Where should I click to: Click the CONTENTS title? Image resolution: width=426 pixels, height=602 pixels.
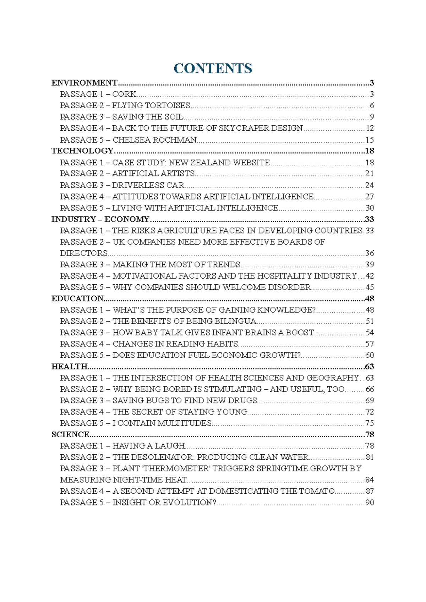pyautogui.click(x=213, y=68)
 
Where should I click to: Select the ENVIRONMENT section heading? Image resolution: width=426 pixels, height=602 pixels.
pyautogui.click(x=84, y=83)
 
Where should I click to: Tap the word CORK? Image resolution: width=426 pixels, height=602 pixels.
pyautogui.click(x=124, y=94)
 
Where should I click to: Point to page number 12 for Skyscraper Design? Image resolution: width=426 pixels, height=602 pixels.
pyautogui.click(x=370, y=128)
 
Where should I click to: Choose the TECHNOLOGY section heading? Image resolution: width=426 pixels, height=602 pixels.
pyautogui.click(x=82, y=151)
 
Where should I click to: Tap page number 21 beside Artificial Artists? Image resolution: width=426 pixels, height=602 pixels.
pyautogui.click(x=370, y=174)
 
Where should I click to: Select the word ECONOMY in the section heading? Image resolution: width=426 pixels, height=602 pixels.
pyautogui.click(x=127, y=219)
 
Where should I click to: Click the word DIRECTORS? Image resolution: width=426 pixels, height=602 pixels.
pyautogui.click(x=84, y=253)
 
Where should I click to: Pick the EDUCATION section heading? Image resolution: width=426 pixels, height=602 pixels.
pyautogui.click(x=77, y=299)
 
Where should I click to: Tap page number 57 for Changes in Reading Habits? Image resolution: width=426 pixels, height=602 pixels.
pyautogui.click(x=370, y=344)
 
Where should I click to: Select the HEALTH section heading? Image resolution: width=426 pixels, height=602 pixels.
pyautogui.click(x=69, y=366)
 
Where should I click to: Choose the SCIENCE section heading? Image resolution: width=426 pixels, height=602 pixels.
pyautogui.click(x=70, y=434)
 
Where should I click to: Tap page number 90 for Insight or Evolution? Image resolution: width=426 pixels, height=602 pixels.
pyautogui.click(x=370, y=503)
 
